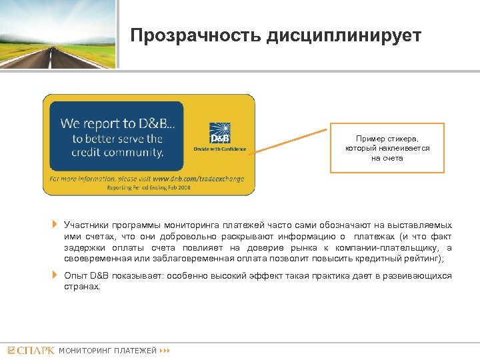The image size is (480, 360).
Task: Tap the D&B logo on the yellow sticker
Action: pyautogui.click(x=219, y=133)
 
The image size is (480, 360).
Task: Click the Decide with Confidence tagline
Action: pyautogui.click(x=219, y=149)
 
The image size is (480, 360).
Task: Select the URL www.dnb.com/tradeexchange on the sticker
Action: pyautogui.click(x=199, y=179)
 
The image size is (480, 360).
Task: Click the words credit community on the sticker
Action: pyautogui.click(x=118, y=153)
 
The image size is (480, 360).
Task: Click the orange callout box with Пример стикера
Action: pyautogui.click(x=387, y=148)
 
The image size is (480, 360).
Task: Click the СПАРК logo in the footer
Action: pyautogui.click(x=31, y=350)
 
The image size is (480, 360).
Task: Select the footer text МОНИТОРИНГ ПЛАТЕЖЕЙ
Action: pyautogui.click(x=108, y=351)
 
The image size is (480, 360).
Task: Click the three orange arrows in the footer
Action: pyautogui.click(x=166, y=351)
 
